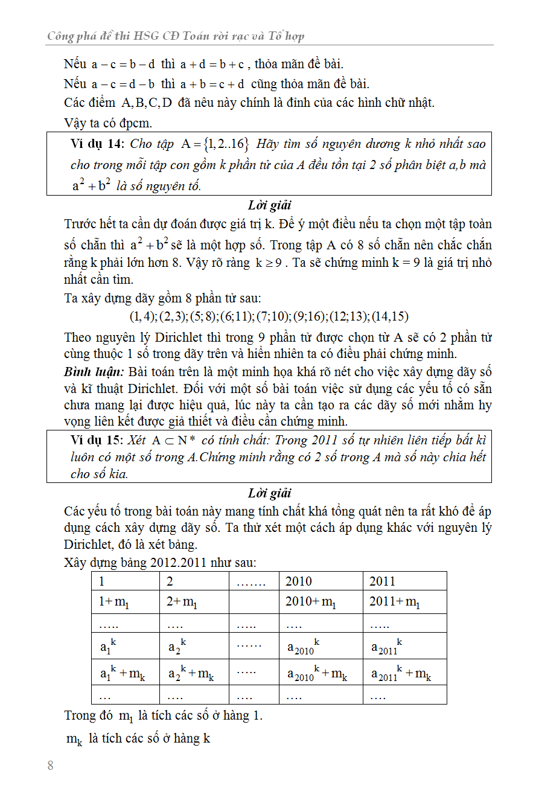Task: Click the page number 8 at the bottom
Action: [x=51, y=766]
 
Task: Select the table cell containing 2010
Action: [x=320, y=581]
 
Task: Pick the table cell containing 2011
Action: [x=404, y=581]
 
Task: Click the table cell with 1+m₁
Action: [x=125, y=603]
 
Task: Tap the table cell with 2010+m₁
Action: [x=320, y=603]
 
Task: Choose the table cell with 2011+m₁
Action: [x=404, y=603]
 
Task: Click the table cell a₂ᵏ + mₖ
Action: [x=194, y=673]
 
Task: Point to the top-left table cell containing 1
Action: [x=125, y=581]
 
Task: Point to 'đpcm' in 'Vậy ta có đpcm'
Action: [x=136, y=123]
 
